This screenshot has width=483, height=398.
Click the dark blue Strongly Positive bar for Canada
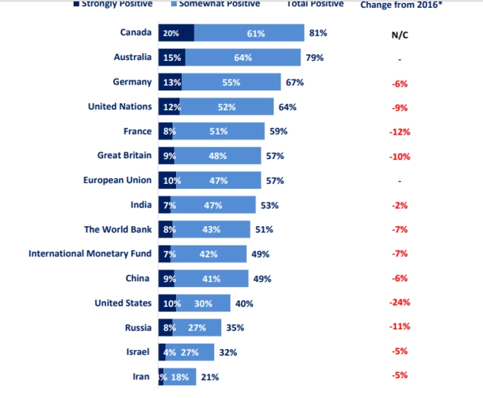pyautogui.click(x=176, y=33)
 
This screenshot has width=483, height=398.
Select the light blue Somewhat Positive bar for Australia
pyautogui.click(x=243, y=57)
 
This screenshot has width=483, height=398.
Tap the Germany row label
pyautogui.click(x=132, y=82)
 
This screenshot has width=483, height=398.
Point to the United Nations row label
pyautogui.click(x=119, y=107)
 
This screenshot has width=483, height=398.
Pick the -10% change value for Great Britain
pyautogui.click(x=399, y=157)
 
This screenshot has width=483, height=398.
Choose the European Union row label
pyautogui.click(x=117, y=180)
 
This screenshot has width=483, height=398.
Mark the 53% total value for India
pyautogui.click(x=270, y=205)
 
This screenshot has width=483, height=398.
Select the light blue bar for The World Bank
pyautogui.click(x=211, y=230)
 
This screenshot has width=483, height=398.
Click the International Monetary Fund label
pyautogui.click(x=90, y=254)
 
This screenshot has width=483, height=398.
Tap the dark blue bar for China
pyautogui.click(x=167, y=278)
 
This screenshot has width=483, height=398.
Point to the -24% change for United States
pyautogui.click(x=399, y=303)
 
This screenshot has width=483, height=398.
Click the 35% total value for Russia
pyautogui.click(x=235, y=328)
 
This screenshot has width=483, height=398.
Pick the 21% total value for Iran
pyautogui.click(x=210, y=377)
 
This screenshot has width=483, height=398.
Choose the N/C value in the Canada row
pyautogui.click(x=399, y=34)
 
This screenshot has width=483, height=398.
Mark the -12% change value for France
pyautogui.click(x=399, y=132)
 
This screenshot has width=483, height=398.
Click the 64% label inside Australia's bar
pyautogui.click(x=243, y=57)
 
